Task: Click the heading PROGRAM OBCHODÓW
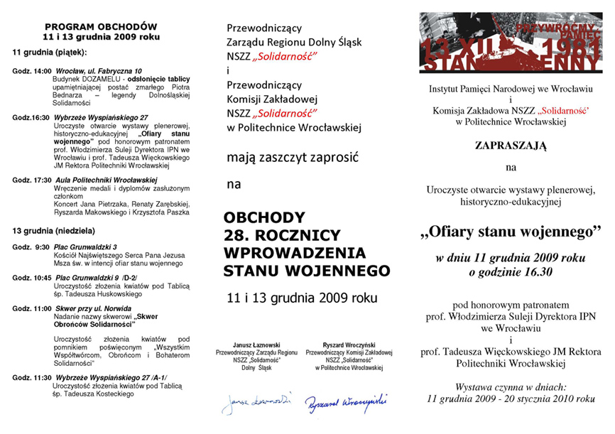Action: tap(100, 26)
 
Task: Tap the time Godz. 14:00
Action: tap(32, 71)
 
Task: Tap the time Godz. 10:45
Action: tap(32, 278)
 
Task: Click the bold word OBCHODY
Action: tap(264, 217)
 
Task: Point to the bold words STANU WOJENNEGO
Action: tap(306, 270)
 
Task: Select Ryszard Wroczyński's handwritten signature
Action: tap(347, 401)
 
